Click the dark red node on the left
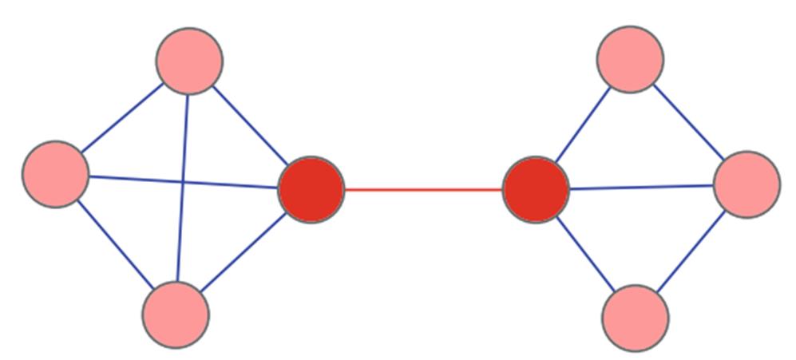click(x=311, y=190)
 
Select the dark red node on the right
click(x=536, y=190)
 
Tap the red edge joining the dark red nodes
click(x=423, y=190)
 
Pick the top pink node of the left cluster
click(x=189, y=61)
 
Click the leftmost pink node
click(x=55, y=174)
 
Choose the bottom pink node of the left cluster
click(x=176, y=315)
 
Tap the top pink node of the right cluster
click(x=630, y=59)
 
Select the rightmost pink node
click(x=746, y=184)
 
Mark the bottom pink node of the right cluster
click(x=636, y=318)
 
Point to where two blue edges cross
click(x=184, y=182)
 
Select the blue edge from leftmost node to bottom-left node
click(x=114, y=243)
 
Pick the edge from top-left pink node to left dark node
click(x=250, y=124)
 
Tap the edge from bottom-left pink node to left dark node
click(x=243, y=253)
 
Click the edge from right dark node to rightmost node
click(x=641, y=188)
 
